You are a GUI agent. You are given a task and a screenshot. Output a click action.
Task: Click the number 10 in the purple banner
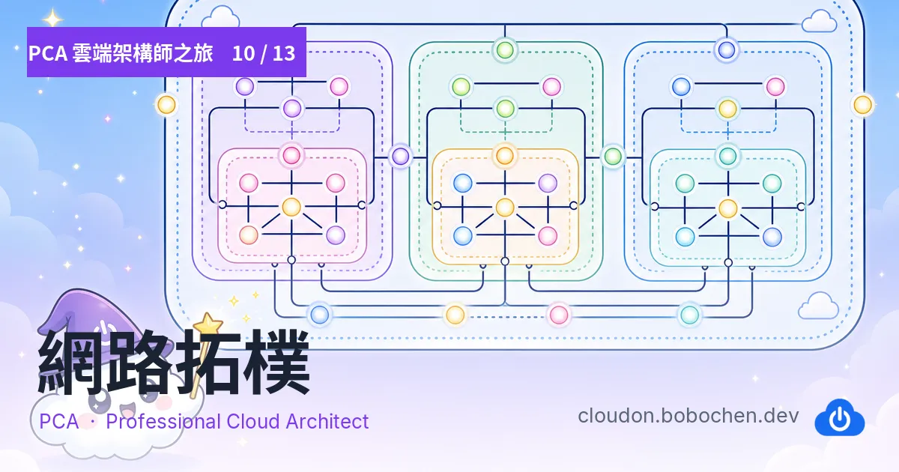coord(243,53)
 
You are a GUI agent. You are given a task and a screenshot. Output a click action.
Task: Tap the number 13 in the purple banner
coord(284,53)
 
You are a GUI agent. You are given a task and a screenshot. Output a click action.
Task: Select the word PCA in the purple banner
coord(48,53)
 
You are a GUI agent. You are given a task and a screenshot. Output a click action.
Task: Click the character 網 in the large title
coord(71,361)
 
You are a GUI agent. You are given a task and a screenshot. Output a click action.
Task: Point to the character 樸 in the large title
coord(277,361)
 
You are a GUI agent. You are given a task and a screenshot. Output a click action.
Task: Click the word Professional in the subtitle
coord(163,421)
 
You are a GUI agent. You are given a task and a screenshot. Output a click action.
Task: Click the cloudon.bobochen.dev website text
coord(688,416)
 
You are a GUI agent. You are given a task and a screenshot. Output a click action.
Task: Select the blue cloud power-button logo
coord(840,417)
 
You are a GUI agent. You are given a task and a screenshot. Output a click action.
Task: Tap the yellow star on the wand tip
coord(208,324)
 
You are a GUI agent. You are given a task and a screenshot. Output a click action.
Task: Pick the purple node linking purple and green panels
coord(400,156)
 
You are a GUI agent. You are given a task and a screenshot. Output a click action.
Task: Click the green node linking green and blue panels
coord(613,156)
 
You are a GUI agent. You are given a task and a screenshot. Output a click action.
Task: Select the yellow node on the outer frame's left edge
coord(166,105)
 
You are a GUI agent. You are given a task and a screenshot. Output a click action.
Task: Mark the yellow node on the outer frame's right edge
coord(862,105)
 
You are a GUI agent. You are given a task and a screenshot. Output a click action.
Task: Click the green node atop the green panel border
coord(505,50)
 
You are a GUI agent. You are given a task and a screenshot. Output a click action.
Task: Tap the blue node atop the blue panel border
coord(727,50)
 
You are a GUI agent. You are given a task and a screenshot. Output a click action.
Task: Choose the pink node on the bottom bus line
coord(558,314)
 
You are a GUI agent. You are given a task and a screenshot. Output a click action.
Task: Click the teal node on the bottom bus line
coord(689,314)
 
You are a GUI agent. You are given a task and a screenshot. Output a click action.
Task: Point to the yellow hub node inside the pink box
coord(291,207)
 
